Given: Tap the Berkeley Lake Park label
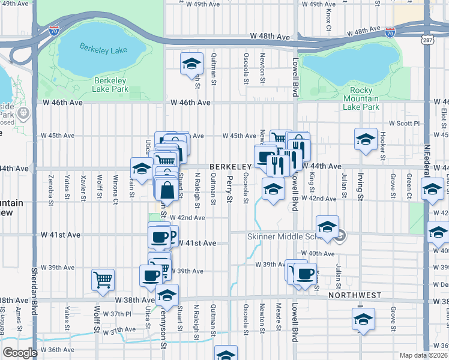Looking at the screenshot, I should (111, 85).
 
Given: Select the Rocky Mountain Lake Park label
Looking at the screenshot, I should (361, 98).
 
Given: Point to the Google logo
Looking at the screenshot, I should (20, 353).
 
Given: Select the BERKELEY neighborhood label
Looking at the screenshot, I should (229, 166).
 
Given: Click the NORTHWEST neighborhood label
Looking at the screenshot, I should (355, 295).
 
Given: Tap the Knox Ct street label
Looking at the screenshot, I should (328, 18).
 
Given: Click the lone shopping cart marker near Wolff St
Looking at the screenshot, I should (103, 279).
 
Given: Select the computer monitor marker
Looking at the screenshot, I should (265, 157).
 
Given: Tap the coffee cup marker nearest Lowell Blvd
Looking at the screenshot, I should (305, 274).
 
